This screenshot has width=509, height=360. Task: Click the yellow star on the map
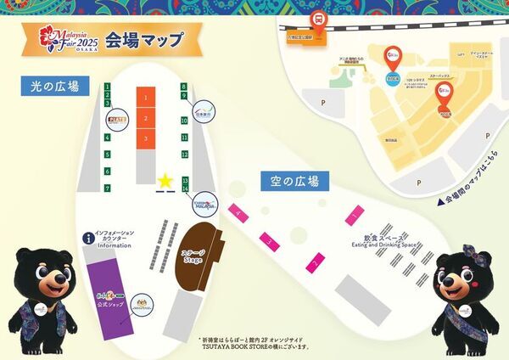[x=164, y=181]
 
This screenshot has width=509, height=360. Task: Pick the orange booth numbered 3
[x=146, y=138]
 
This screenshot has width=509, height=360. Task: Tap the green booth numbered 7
[x=108, y=187]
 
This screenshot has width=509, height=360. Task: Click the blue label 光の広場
[x=56, y=86]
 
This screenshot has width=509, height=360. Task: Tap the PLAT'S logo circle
[x=115, y=121]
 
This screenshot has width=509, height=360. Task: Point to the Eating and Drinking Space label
[x=386, y=243]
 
